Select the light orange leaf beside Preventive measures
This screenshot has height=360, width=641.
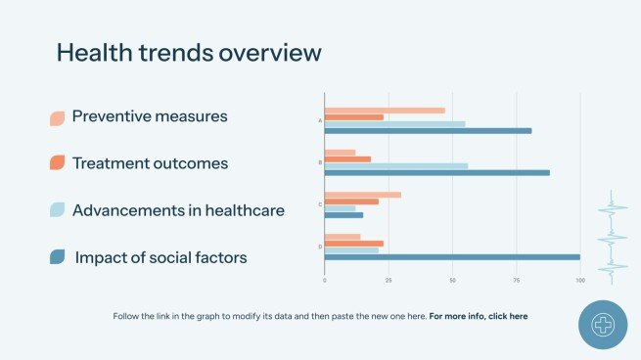(58, 118)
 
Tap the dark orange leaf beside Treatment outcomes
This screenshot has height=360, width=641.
(58, 162)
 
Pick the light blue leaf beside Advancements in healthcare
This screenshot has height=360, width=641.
(58, 209)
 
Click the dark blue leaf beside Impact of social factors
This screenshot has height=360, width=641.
(58, 256)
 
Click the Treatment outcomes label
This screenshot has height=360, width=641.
(150, 163)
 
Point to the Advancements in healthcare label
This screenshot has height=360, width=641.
(178, 210)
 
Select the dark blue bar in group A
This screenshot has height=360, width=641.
(428, 130)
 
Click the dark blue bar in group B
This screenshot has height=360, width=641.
(436, 172)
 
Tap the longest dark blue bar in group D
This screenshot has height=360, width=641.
(452, 257)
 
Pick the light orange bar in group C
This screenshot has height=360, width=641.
(362, 195)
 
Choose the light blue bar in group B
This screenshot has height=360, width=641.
(395, 166)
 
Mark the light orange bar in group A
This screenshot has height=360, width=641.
(385, 111)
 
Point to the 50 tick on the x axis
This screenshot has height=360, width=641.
(452, 281)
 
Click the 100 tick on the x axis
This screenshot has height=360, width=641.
(580, 281)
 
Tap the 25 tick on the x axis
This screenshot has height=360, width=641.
(389, 281)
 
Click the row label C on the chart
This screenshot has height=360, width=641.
(320, 204)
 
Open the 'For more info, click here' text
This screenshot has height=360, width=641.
(479, 316)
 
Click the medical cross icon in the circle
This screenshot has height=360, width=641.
(603, 325)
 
